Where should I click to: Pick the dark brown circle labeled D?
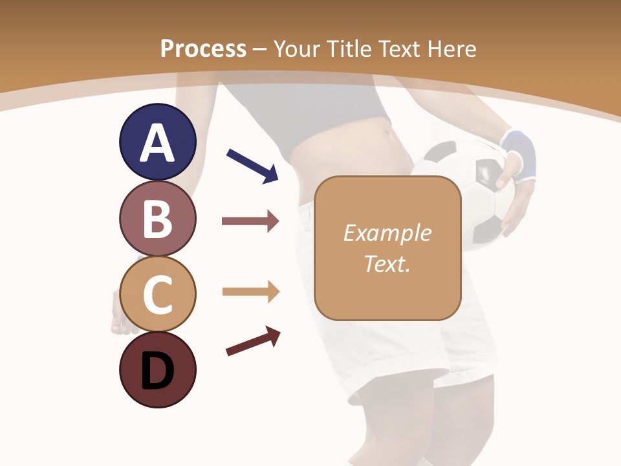click(x=157, y=370)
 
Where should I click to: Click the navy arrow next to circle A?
click(x=252, y=166)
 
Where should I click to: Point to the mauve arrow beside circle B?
click(x=250, y=221)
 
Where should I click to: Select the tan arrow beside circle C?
click(x=250, y=292)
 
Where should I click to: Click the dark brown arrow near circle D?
click(x=253, y=341)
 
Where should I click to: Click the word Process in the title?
click(x=203, y=49)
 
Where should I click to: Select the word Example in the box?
click(x=387, y=233)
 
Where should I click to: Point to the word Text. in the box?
click(x=387, y=263)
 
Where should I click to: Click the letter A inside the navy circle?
click(x=157, y=142)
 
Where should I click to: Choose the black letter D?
click(x=157, y=372)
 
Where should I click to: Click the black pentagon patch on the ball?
click(x=486, y=172)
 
